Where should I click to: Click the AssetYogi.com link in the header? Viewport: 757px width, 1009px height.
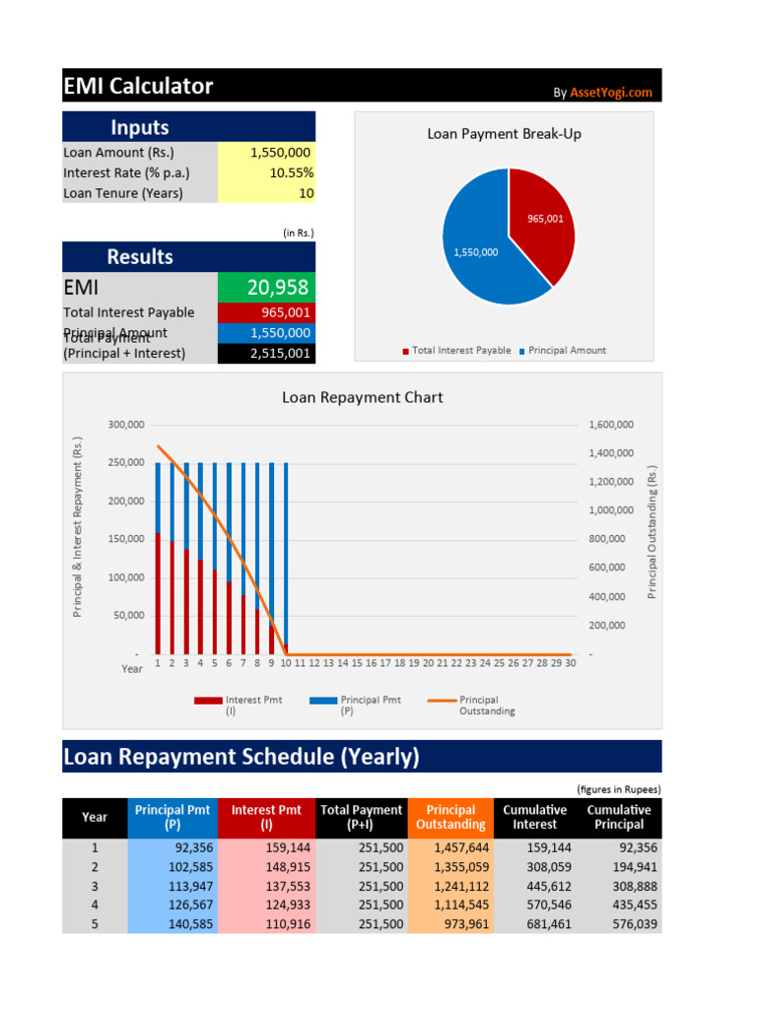[x=611, y=93]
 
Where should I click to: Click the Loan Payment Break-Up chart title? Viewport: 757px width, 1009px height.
[x=504, y=134]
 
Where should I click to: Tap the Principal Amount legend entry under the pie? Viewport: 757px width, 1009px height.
[x=567, y=351]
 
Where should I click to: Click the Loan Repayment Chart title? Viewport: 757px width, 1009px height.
[x=362, y=398]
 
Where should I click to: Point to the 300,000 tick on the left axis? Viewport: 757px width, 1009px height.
[x=125, y=425]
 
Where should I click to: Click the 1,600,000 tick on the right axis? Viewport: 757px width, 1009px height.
[x=611, y=425]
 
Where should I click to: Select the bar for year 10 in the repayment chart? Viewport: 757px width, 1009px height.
[x=286, y=552]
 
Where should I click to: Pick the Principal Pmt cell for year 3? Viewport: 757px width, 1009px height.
[x=172, y=886]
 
